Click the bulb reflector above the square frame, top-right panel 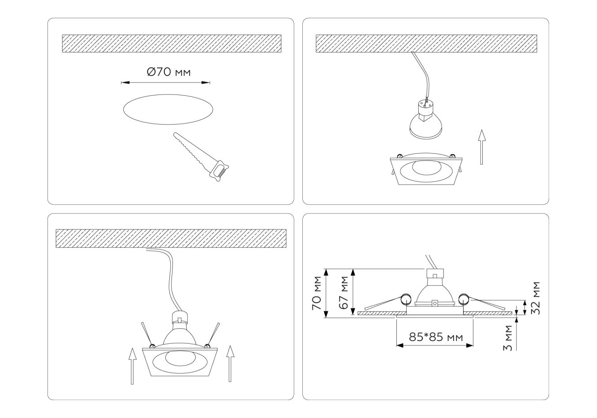tap(425, 125)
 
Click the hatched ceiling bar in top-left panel tap(171, 43)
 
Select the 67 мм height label tap(344, 293)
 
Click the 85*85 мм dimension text tap(435, 336)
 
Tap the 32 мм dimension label tap(535, 298)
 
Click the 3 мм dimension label tap(507, 341)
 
